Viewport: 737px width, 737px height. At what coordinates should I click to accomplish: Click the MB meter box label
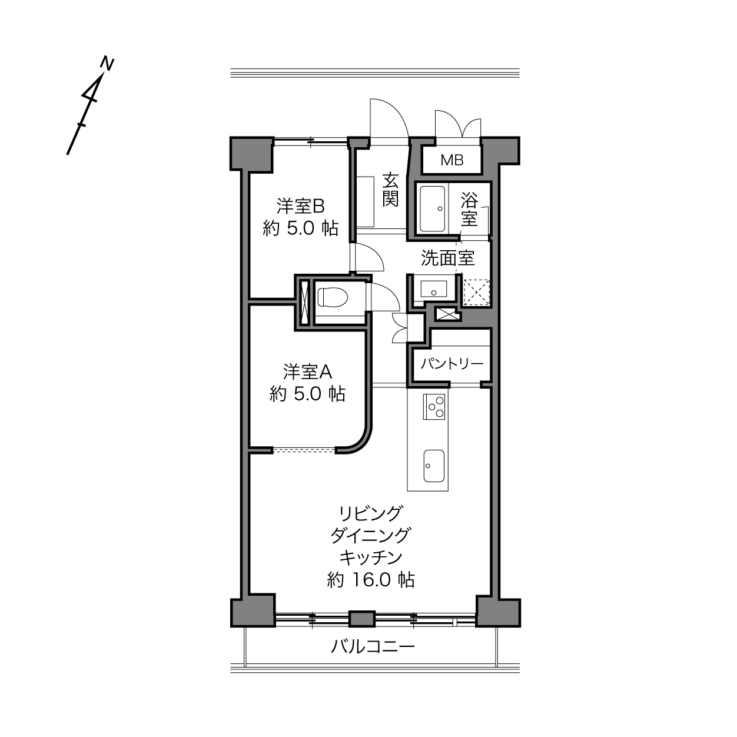coord(452,160)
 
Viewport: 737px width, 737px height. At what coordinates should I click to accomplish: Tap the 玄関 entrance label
coord(390,190)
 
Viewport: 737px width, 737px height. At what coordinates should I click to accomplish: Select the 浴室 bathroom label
coord(469,209)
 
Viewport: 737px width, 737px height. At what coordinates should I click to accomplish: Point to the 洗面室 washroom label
coord(448,258)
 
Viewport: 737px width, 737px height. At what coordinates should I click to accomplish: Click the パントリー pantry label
coord(452,363)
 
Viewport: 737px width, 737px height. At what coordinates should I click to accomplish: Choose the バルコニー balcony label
coord(373,647)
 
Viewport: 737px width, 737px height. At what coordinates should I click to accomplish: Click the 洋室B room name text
coord(301,207)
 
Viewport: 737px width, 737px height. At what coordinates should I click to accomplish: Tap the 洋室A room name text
coord(307,372)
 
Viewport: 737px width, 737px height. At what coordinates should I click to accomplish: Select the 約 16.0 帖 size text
coord(371,580)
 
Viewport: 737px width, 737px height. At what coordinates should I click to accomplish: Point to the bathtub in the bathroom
coord(433,209)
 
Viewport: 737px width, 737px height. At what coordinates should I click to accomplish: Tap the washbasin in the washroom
coord(434,289)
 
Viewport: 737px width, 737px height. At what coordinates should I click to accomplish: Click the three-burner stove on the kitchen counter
coord(434,407)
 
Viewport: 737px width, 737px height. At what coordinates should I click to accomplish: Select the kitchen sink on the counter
coord(434,466)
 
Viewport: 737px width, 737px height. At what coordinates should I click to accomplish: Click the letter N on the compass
coord(108,64)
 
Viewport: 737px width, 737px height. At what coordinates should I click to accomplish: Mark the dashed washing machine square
coord(477,292)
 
